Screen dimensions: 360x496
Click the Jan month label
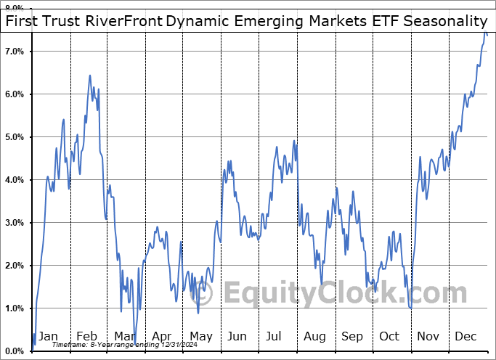[x=48, y=336]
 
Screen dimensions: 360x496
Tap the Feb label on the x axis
[x=86, y=336]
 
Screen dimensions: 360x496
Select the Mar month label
[x=124, y=336]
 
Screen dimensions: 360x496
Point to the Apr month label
[x=162, y=336]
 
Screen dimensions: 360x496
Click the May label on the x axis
[x=200, y=336]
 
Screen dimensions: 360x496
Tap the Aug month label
[x=314, y=336]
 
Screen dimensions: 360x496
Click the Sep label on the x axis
[x=352, y=336]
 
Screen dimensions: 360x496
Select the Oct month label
[x=390, y=336]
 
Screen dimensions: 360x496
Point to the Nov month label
[x=428, y=336]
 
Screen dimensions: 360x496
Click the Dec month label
[x=466, y=336]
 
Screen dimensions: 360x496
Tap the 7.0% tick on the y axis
[x=15, y=52]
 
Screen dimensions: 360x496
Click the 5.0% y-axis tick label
[x=15, y=137]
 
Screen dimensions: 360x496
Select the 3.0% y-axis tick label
[x=15, y=223]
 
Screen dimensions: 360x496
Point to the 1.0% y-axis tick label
[x=15, y=308]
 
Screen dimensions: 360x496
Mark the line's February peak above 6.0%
[x=90, y=75]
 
